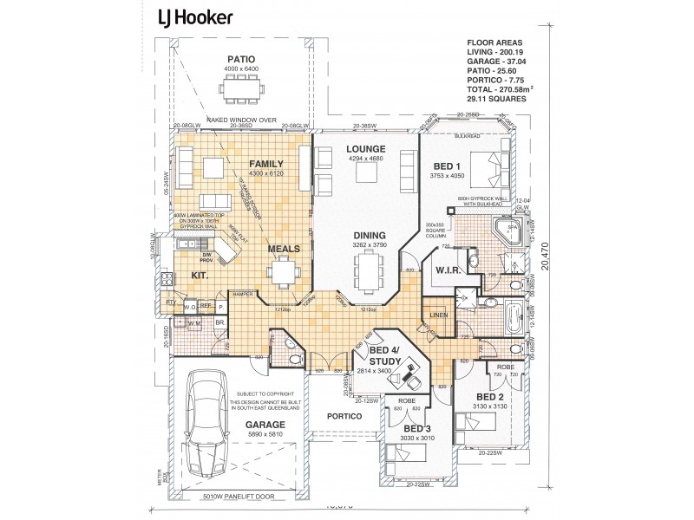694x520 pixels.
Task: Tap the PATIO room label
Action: (x=241, y=58)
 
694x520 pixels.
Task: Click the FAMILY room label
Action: (x=266, y=164)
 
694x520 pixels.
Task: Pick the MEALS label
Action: (x=283, y=249)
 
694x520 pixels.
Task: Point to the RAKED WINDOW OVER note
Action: (x=241, y=121)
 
